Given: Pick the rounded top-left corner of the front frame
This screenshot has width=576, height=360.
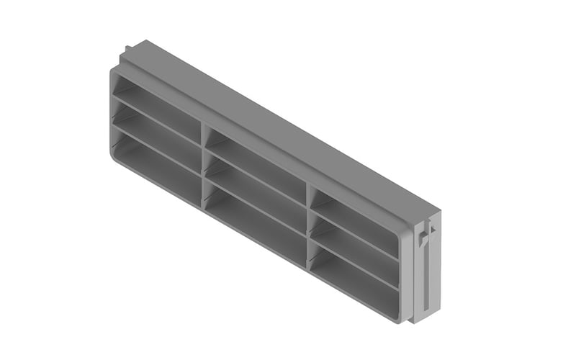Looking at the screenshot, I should pos(115,72).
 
